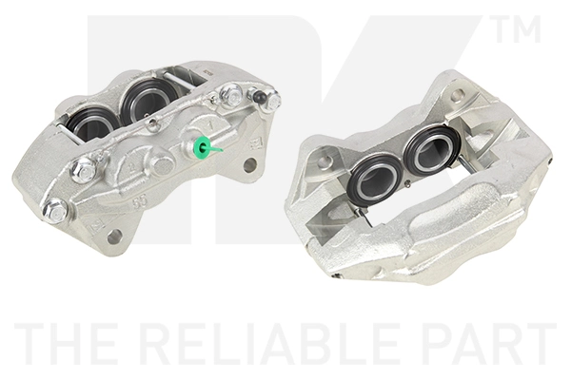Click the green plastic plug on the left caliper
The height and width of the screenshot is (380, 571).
click(x=202, y=147)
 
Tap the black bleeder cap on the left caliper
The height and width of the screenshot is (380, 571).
click(x=259, y=96)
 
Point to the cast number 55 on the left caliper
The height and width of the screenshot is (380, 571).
click(x=140, y=201)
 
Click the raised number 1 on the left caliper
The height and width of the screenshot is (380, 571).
click(x=209, y=126)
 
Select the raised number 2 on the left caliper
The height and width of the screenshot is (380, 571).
click(x=132, y=167)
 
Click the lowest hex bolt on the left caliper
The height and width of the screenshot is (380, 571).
click(x=55, y=209)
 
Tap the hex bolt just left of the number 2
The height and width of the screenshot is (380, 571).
click(x=84, y=170)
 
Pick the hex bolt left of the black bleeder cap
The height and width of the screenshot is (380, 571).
click(x=230, y=93)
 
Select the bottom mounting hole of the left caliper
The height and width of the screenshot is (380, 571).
click(x=114, y=237)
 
